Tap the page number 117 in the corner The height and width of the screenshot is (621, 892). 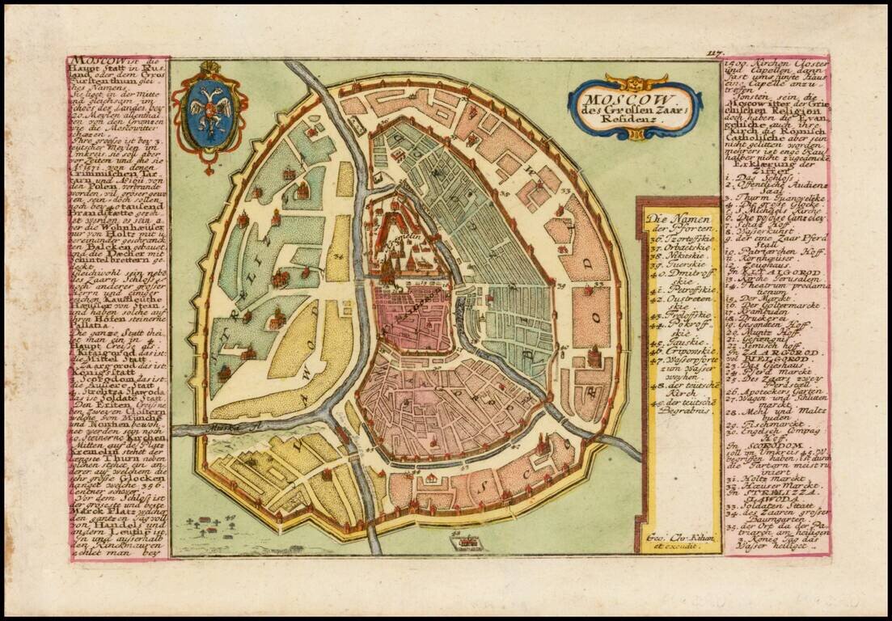[713, 54]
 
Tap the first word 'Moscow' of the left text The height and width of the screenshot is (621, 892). [91, 61]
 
